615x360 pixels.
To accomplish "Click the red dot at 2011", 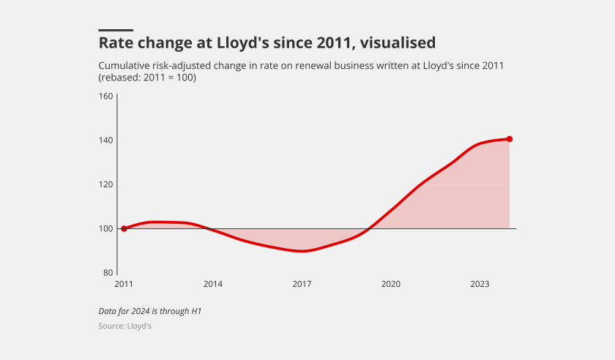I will (124, 228).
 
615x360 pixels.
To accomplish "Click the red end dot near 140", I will (510, 139).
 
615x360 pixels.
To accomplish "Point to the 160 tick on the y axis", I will (105, 97).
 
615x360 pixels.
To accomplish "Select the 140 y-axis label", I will (105, 140).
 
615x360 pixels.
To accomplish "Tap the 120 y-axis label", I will (105, 184).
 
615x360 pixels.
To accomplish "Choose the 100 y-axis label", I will (105, 228).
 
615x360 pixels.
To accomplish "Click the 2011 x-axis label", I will (124, 284).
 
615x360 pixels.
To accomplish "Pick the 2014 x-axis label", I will (213, 284).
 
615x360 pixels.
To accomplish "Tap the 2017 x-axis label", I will (302, 284).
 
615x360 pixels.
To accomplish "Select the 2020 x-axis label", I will (391, 284).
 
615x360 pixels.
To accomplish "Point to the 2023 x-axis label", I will (480, 284).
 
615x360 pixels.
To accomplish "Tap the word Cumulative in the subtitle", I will (126, 66).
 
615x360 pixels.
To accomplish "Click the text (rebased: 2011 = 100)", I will (147, 78).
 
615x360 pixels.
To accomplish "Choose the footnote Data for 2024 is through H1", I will (149, 311).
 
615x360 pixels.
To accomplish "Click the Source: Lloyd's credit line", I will (124, 326).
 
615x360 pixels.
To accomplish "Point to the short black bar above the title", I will (116, 30).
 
